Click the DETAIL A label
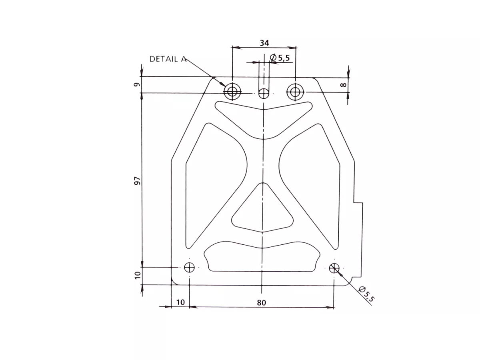[x=168, y=59]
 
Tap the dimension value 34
[x=264, y=43]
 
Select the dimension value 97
[x=137, y=181]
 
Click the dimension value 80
[x=261, y=303]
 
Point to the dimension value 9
[x=137, y=84]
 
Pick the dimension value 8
[x=344, y=84]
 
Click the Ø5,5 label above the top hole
[x=280, y=58]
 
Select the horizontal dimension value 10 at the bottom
[x=180, y=302]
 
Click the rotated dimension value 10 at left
[x=137, y=275]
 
